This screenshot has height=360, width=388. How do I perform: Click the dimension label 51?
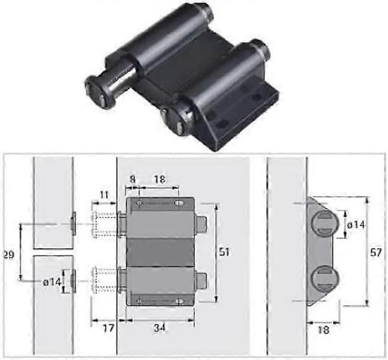coord(224,252)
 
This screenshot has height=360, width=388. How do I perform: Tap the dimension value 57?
coord(376,253)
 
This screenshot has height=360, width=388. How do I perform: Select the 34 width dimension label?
coord(160,328)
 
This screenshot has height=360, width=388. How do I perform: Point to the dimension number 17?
coord(109,328)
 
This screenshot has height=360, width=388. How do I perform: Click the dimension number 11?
coord(104,195)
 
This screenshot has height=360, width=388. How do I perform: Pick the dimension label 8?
coord(133,179)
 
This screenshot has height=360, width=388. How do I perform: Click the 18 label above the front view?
coord(160,179)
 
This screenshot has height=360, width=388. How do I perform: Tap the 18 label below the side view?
coord(323,330)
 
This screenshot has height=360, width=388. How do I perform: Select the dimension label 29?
coord(9,255)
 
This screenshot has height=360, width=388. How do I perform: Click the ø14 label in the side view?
coord(356,225)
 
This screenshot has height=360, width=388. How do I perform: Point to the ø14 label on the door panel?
coord(52,282)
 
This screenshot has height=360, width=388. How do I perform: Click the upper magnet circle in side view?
coord(325,224)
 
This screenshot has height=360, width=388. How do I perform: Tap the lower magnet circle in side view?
coord(325,279)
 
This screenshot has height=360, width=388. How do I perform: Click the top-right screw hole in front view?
coord(179,203)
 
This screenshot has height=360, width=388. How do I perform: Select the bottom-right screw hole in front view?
coord(178,301)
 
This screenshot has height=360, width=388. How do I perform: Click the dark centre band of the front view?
coord(160,253)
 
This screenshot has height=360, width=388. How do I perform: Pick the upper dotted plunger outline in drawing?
coord(104,224)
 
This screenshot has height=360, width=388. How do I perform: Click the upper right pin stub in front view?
coord(200,224)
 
